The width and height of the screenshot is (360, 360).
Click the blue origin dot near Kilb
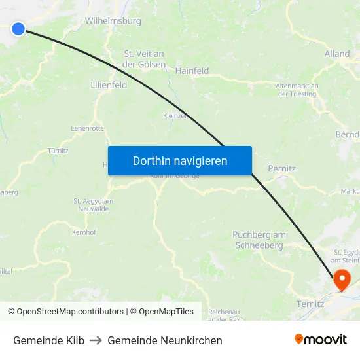coord(18,28)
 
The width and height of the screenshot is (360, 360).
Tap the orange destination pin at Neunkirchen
coord(342,279)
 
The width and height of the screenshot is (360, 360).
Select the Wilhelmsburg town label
coord(113,21)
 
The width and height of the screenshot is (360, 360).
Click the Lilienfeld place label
coord(109,85)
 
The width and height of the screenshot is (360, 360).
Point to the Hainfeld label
coord(192,71)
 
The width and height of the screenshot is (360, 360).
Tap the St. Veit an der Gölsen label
coord(144,59)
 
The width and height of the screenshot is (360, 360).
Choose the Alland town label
coord(337,54)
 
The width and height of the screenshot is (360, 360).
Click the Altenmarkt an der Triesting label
coord(297,90)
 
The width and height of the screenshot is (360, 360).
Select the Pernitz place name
coord(281,168)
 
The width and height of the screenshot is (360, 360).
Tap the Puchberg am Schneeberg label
coord(259,240)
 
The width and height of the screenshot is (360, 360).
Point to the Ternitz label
coord(310,304)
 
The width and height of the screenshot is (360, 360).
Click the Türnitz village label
coord(58,150)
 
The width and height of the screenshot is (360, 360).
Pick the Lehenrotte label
coord(87,129)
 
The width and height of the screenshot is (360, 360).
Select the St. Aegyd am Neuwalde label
coord(94,204)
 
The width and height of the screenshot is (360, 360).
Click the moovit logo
coord(321,340)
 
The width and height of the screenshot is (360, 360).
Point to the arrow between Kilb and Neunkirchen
coord(96,340)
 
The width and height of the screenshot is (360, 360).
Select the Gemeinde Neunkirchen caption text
coord(165,340)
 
